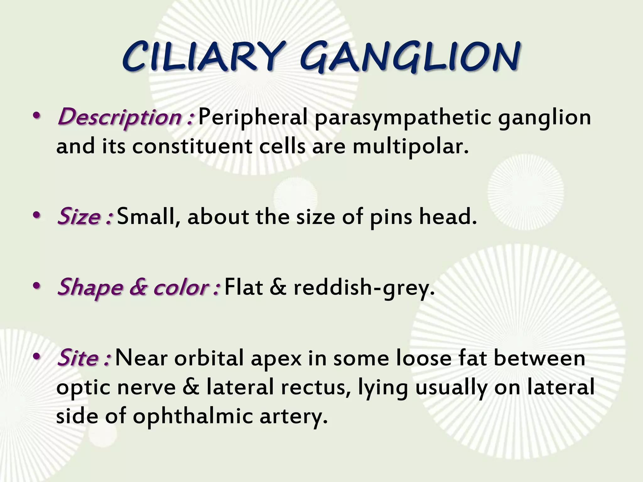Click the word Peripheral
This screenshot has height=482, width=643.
pyautogui.click(x=253, y=117)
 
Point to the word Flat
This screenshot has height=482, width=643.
pyautogui.click(x=244, y=287)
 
